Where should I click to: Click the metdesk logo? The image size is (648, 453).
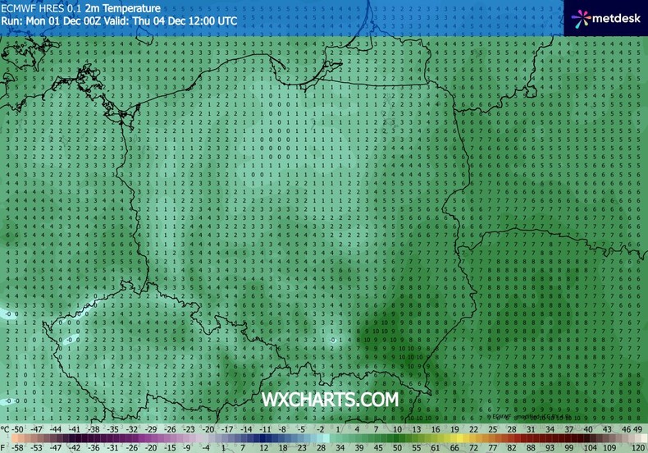[605, 16]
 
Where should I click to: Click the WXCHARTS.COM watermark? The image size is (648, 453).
[330, 399]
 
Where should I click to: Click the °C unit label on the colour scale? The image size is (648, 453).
[6, 429]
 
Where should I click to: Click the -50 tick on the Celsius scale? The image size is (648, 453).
[18, 429]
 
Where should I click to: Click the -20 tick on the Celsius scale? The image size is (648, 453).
[208, 429]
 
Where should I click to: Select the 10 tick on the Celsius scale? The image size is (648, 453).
[398, 429]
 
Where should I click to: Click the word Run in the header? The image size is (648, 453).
[11, 19]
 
